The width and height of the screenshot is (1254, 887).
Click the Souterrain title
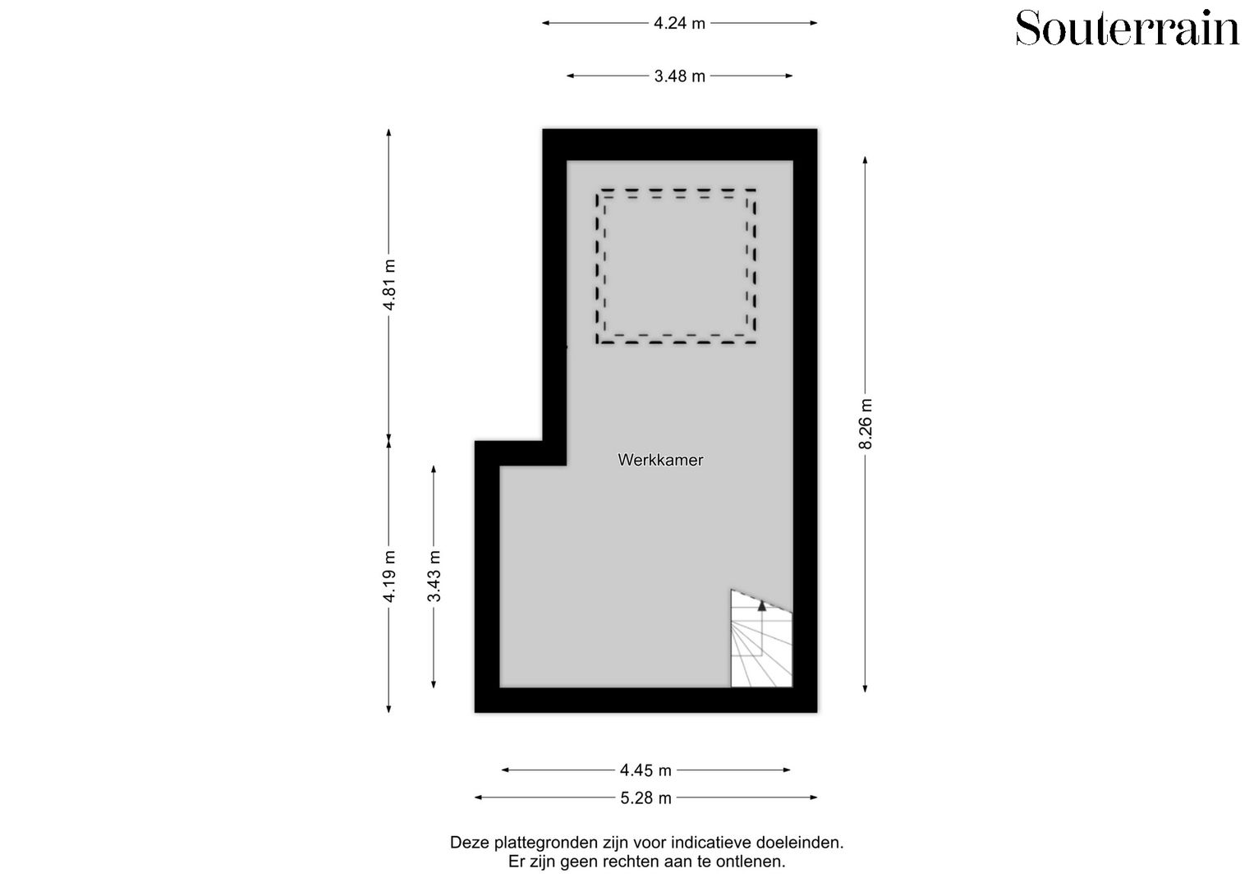[1127, 29]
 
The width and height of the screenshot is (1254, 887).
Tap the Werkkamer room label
[660, 460]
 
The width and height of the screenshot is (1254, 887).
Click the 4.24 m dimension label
[679, 23]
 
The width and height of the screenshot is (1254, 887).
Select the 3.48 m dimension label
[679, 76]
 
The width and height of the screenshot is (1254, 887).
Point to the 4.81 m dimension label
[390, 284]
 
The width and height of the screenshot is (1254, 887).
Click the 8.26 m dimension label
[866, 424]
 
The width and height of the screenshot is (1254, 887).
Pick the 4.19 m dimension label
[390, 576]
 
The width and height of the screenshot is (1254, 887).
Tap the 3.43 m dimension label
[434, 576]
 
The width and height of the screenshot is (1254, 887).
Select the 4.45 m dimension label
[645, 770]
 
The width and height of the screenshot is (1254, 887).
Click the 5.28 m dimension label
[645, 797]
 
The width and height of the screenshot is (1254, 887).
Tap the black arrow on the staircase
[762, 605]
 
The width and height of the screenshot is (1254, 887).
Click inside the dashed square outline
[676, 265]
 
